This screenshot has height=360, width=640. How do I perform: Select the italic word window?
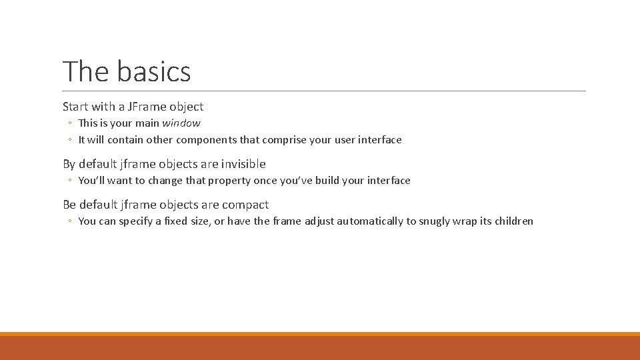(x=181, y=123)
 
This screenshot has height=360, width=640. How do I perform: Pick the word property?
(x=228, y=181)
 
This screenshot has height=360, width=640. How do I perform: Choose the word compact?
(x=245, y=205)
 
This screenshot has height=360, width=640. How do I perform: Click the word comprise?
(x=285, y=140)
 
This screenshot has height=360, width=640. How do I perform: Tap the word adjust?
(x=319, y=221)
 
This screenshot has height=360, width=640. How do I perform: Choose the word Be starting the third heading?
(x=69, y=205)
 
